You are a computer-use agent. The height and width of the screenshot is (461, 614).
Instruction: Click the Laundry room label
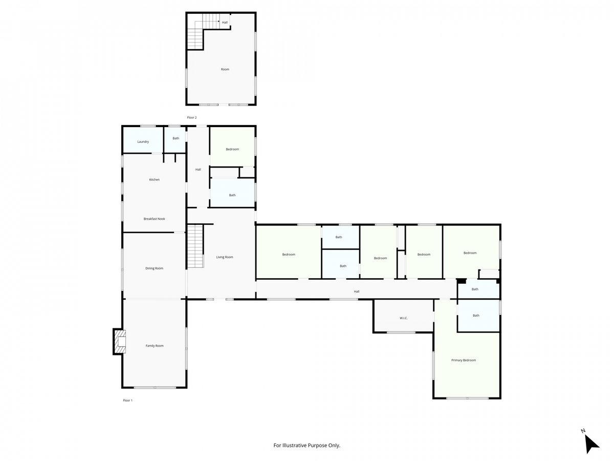(x=143, y=142)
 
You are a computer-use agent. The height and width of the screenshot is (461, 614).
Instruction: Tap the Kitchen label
(x=154, y=180)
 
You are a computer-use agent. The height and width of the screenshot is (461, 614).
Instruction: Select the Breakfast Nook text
(x=154, y=219)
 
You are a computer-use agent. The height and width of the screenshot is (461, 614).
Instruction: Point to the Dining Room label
(x=154, y=268)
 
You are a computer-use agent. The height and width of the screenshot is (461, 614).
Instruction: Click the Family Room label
(x=155, y=346)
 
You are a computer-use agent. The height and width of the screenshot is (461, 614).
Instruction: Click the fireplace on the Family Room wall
(x=119, y=342)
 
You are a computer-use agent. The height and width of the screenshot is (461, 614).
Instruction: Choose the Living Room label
(x=224, y=257)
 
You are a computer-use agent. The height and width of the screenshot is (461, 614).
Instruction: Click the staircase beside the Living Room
(x=195, y=246)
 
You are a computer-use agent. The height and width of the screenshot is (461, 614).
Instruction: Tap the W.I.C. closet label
(x=403, y=318)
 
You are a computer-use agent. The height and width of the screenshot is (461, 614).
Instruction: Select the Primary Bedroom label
(x=463, y=360)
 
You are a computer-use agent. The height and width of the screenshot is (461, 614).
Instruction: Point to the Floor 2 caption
(x=191, y=118)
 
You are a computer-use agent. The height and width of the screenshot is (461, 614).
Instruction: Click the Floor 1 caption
(x=127, y=401)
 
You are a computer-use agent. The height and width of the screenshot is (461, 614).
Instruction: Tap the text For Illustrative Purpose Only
(x=306, y=445)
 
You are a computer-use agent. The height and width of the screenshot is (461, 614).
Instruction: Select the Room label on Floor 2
(x=225, y=70)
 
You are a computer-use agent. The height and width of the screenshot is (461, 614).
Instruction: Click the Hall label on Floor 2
(x=225, y=23)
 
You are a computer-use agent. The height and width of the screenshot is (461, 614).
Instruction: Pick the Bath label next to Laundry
(x=176, y=138)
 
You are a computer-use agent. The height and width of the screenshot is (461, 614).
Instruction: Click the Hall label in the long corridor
(x=356, y=291)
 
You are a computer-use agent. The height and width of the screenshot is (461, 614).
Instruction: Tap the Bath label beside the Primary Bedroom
(x=476, y=316)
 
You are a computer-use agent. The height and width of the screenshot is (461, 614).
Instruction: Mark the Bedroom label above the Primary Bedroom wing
(x=470, y=253)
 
